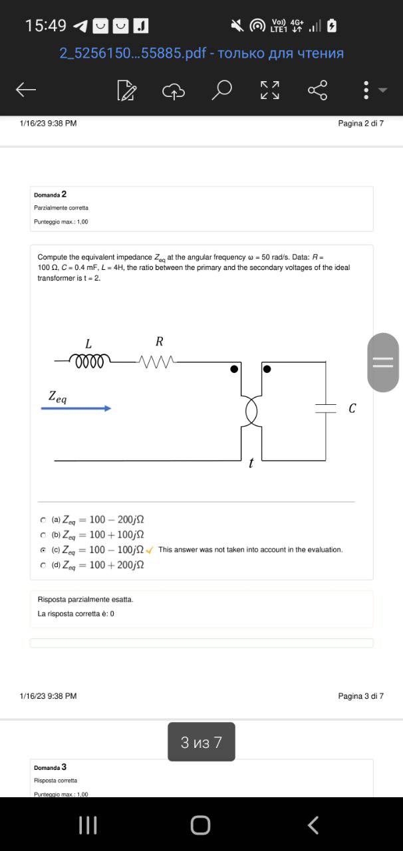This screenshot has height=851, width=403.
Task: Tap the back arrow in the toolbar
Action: pyautogui.click(x=26, y=90)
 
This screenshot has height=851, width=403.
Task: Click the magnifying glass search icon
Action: pyautogui.click(x=223, y=90)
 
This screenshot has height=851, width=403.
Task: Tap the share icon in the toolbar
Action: pyautogui.click(x=317, y=90)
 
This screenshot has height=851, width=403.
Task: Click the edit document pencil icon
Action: pyautogui.click(x=126, y=90)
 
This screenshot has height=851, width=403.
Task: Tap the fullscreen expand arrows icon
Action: pyautogui.click(x=270, y=90)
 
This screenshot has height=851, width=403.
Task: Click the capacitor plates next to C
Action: pyautogui.click(x=325, y=408)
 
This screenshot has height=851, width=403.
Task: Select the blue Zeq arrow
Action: pyautogui.click(x=76, y=408)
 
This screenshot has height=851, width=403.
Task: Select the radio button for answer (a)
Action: pyautogui.click(x=43, y=520)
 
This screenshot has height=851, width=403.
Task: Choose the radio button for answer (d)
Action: pyautogui.click(x=43, y=565)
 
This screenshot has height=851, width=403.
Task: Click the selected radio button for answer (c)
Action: pyautogui.click(x=43, y=550)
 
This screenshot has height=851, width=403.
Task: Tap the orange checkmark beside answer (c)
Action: pyautogui.click(x=150, y=550)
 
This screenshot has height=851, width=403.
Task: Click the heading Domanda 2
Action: pyautogui.click(x=50, y=194)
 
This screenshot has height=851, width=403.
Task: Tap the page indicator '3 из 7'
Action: pyautogui.click(x=201, y=742)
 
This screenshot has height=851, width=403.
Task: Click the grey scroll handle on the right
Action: pyautogui.click(x=383, y=362)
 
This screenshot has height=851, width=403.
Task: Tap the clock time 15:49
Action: pyautogui.click(x=45, y=26)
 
